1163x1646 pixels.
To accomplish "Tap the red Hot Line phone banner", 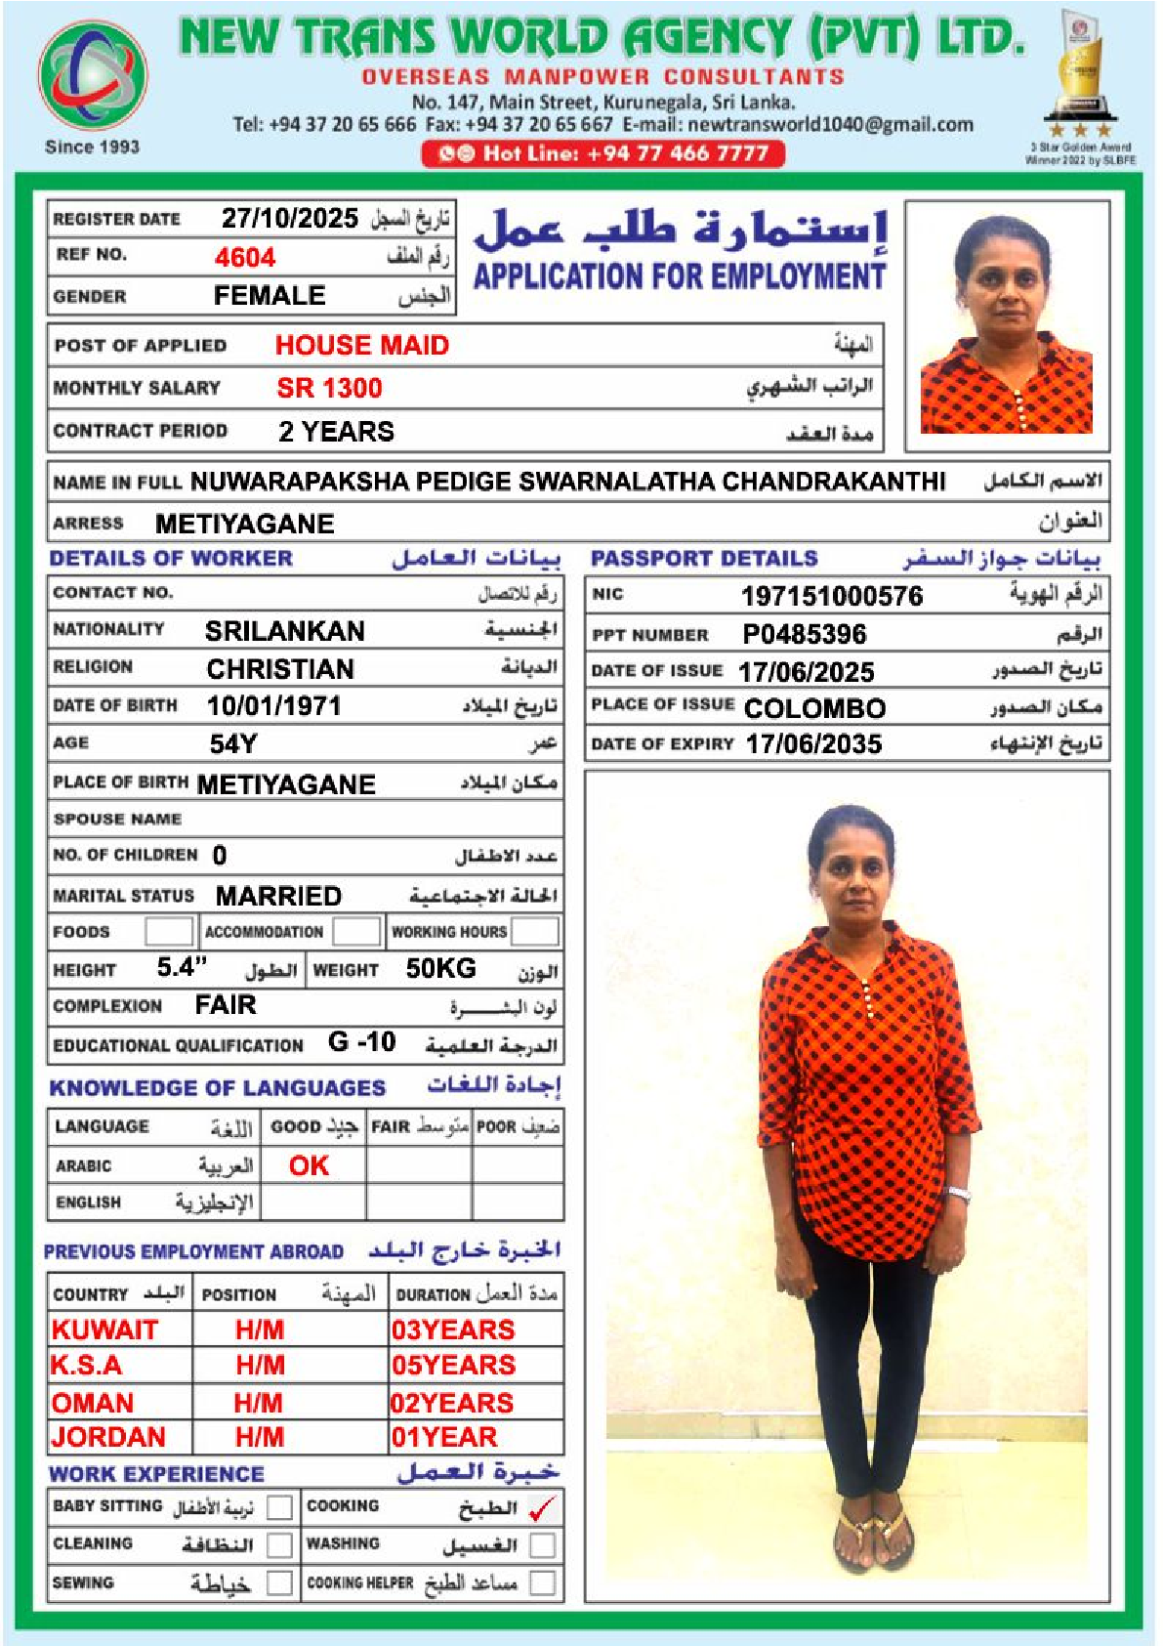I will click(x=602, y=153).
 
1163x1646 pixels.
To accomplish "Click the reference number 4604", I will click(x=245, y=257).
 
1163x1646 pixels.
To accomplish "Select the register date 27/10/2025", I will click(x=289, y=218).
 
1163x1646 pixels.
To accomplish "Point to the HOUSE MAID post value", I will click(x=361, y=345).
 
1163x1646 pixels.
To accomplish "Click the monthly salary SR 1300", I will click(x=329, y=388).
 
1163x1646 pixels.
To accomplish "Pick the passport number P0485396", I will click(x=804, y=635).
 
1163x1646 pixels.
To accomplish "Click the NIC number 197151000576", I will click(x=831, y=596).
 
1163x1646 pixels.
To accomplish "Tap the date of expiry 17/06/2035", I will click(x=813, y=744).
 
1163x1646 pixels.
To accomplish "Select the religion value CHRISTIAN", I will click(x=280, y=669).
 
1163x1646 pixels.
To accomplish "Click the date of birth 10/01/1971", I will click(x=273, y=706).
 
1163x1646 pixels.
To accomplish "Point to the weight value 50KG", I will click(x=440, y=969).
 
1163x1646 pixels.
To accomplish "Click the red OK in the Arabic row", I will click(x=309, y=1165).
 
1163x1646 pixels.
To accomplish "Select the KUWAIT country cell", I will click(x=104, y=1329).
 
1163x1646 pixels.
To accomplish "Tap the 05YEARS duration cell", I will click(x=453, y=1366).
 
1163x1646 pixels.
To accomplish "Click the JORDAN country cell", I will click(x=108, y=1437).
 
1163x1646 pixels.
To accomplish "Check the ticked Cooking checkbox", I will click(x=542, y=1508).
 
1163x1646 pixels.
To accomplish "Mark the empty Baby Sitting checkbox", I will click(x=279, y=1507).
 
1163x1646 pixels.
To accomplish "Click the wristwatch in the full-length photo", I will click(x=959, y=1194).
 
